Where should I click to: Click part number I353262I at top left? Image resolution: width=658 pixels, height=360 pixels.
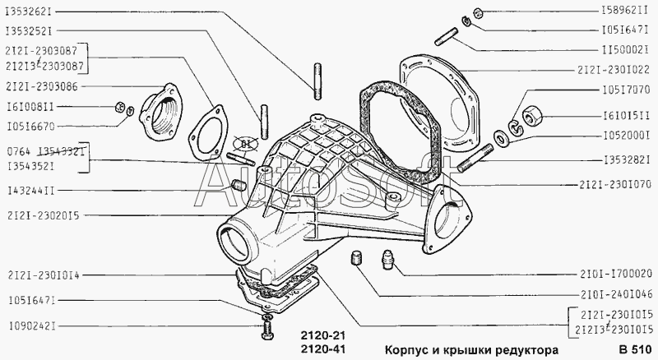[x=28, y=12]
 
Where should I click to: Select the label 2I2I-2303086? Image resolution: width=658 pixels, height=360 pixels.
[x=42, y=86]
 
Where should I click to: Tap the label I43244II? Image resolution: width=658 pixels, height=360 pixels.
[x=30, y=191]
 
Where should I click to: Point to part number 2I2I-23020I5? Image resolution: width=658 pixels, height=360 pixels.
[x=44, y=215]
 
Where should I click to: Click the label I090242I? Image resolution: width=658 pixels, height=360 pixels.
[x=32, y=326]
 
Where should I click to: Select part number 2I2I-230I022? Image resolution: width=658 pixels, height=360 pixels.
[x=614, y=70]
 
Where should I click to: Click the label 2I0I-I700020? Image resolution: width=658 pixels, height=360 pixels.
[x=616, y=274]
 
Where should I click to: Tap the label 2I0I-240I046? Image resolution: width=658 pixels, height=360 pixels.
[x=616, y=294]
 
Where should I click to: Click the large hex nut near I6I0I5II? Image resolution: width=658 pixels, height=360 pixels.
[x=532, y=115]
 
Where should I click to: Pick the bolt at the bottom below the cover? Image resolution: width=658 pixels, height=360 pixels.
[x=267, y=330]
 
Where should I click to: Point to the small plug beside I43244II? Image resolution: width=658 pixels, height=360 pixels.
[x=238, y=185]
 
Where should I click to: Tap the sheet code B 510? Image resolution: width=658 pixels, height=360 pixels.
[x=634, y=350]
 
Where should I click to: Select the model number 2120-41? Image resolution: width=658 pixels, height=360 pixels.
[x=322, y=349]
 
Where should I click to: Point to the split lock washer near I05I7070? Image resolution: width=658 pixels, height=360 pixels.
[x=515, y=126]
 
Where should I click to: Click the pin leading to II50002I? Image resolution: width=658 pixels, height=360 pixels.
[x=447, y=36]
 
